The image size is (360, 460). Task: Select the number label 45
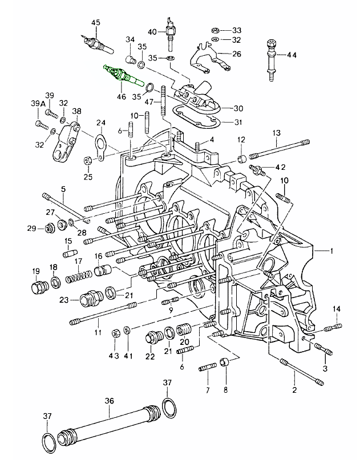click(x=95, y=22)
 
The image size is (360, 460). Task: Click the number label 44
click(x=292, y=55)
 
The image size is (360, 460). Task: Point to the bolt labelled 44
click(x=270, y=57)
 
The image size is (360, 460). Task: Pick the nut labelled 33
click(x=215, y=30)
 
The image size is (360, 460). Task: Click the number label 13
click(x=276, y=133)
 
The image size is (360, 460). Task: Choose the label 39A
click(x=38, y=104)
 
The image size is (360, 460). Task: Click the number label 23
click(x=64, y=299)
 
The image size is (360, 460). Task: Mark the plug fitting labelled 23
click(x=90, y=298)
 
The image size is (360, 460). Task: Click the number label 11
click(x=98, y=332)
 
